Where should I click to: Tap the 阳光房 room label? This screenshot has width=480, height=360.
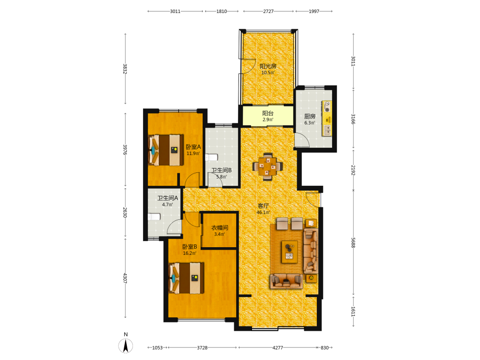click(x=268, y=66)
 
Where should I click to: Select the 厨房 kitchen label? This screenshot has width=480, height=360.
click(x=310, y=116)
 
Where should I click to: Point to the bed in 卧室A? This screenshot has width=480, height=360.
click(x=166, y=150)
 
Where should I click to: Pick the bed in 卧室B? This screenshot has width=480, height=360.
click(x=186, y=278)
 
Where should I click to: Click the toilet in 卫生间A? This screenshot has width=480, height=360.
click(x=154, y=217)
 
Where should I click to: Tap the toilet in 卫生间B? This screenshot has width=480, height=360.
click(x=211, y=157)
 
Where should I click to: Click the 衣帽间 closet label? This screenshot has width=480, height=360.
click(x=219, y=228)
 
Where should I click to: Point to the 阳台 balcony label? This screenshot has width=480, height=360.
click(x=268, y=113)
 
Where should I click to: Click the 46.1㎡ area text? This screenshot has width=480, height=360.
click(x=263, y=213)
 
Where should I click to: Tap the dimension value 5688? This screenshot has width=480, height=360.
click(x=353, y=243)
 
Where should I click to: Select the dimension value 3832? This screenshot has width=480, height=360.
click(x=125, y=69)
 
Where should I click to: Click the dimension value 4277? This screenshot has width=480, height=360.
click(x=277, y=348)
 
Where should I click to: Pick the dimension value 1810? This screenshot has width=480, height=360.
click(x=222, y=12)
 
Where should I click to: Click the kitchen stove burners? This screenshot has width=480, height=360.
click(x=327, y=107)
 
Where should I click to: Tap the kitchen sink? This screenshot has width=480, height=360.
click(x=327, y=130)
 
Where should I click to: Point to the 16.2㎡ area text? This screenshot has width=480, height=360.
click(x=190, y=253)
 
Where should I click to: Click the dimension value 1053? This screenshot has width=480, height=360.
click(x=157, y=348)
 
